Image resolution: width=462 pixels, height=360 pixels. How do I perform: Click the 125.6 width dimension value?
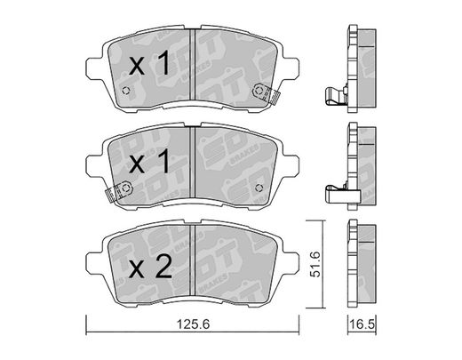pos(193,324)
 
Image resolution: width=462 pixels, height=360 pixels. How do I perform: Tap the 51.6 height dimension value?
pos(315,264)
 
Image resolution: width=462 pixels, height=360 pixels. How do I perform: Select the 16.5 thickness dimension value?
pos(362,324)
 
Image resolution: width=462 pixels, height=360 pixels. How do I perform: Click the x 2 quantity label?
pos(150,267)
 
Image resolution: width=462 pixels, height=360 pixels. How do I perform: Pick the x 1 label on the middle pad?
pos(149,161)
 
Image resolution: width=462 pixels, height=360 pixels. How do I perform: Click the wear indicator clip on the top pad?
pos(266,92)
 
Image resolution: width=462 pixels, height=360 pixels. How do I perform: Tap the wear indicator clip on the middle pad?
pos(119,191)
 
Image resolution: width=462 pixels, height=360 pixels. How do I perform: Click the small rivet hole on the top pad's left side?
pos(126,91)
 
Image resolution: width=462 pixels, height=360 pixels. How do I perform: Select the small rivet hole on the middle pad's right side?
pos(259,188)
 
